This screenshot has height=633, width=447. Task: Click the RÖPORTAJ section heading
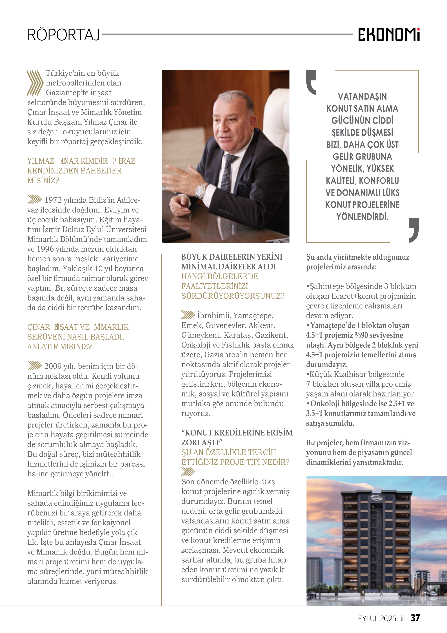click(x=64, y=35)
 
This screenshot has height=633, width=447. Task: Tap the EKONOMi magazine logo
click(x=389, y=35)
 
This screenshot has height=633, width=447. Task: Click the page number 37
click(x=415, y=618)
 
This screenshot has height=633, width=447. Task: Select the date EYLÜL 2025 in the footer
click(x=377, y=618)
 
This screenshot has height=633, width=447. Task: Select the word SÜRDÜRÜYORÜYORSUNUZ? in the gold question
click(x=233, y=296)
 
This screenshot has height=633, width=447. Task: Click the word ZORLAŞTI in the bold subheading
click(x=200, y=443)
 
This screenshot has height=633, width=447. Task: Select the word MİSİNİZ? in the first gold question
click(x=43, y=181)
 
